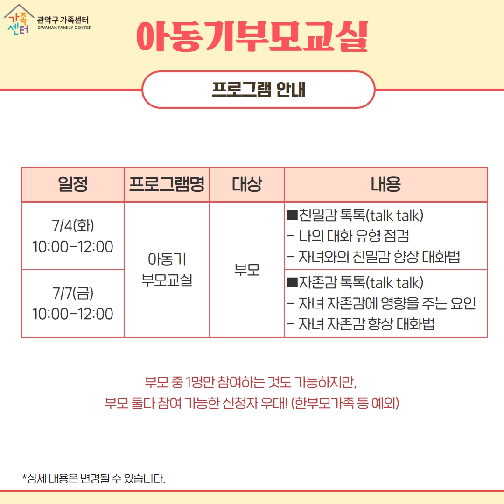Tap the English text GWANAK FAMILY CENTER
pyautogui.click(x=64, y=28)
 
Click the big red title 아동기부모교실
pyautogui.click(x=252, y=36)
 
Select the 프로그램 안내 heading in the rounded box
pyautogui.click(x=259, y=89)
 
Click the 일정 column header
pyautogui.click(x=73, y=184)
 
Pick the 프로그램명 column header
pyautogui.click(x=167, y=184)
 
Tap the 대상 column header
pyautogui.click(x=247, y=184)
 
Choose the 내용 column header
pyautogui.click(x=386, y=184)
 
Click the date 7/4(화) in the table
pyautogui.click(x=73, y=225)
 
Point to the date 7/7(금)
pyautogui.click(x=73, y=293)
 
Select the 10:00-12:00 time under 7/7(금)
pyautogui.click(x=73, y=314)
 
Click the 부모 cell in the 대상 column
pyautogui.click(x=247, y=270)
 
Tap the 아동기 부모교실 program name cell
pyautogui.click(x=167, y=269)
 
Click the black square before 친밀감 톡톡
pyautogui.click(x=293, y=215)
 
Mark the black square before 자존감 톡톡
pyautogui.click(x=293, y=282)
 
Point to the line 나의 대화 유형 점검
pyautogui.click(x=348, y=236)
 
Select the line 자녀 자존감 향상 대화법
pyautogui.click(x=361, y=324)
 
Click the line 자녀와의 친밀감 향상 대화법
pyautogui.click(x=373, y=257)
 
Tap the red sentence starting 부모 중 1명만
pyautogui.click(x=251, y=382)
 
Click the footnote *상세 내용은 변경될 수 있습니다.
pyautogui.click(x=93, y=478)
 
